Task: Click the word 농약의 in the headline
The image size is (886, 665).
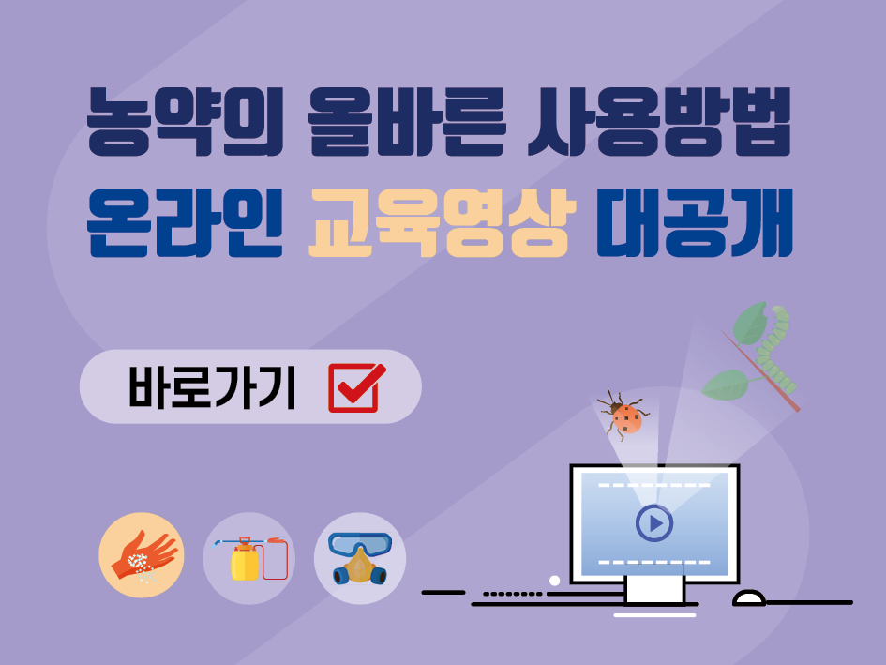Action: [x=185, y=122]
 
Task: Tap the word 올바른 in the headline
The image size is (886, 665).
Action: [x=406, y=122]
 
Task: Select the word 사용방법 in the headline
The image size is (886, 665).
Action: [x=659, y=122]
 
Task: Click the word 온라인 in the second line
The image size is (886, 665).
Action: [x=184, y=223]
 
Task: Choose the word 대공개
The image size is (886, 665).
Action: [x=695, y=223]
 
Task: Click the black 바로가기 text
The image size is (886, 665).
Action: [x=213, y=387]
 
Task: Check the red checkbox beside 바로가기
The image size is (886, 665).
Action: [x=356, y=387]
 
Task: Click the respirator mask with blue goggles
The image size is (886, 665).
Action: [x=360, y=558]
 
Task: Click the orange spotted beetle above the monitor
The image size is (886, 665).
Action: [x=624, y=415]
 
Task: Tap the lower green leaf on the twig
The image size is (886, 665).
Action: [x=726, y=385]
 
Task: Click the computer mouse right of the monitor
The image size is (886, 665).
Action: [x=749, y=598]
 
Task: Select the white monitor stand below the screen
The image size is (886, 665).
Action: [x=655, y=590]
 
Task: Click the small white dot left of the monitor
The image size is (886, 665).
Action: [x=554, y=581]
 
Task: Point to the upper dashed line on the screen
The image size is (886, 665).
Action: [x=654, y=485]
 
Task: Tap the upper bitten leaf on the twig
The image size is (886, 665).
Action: [x=750, y=323]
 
